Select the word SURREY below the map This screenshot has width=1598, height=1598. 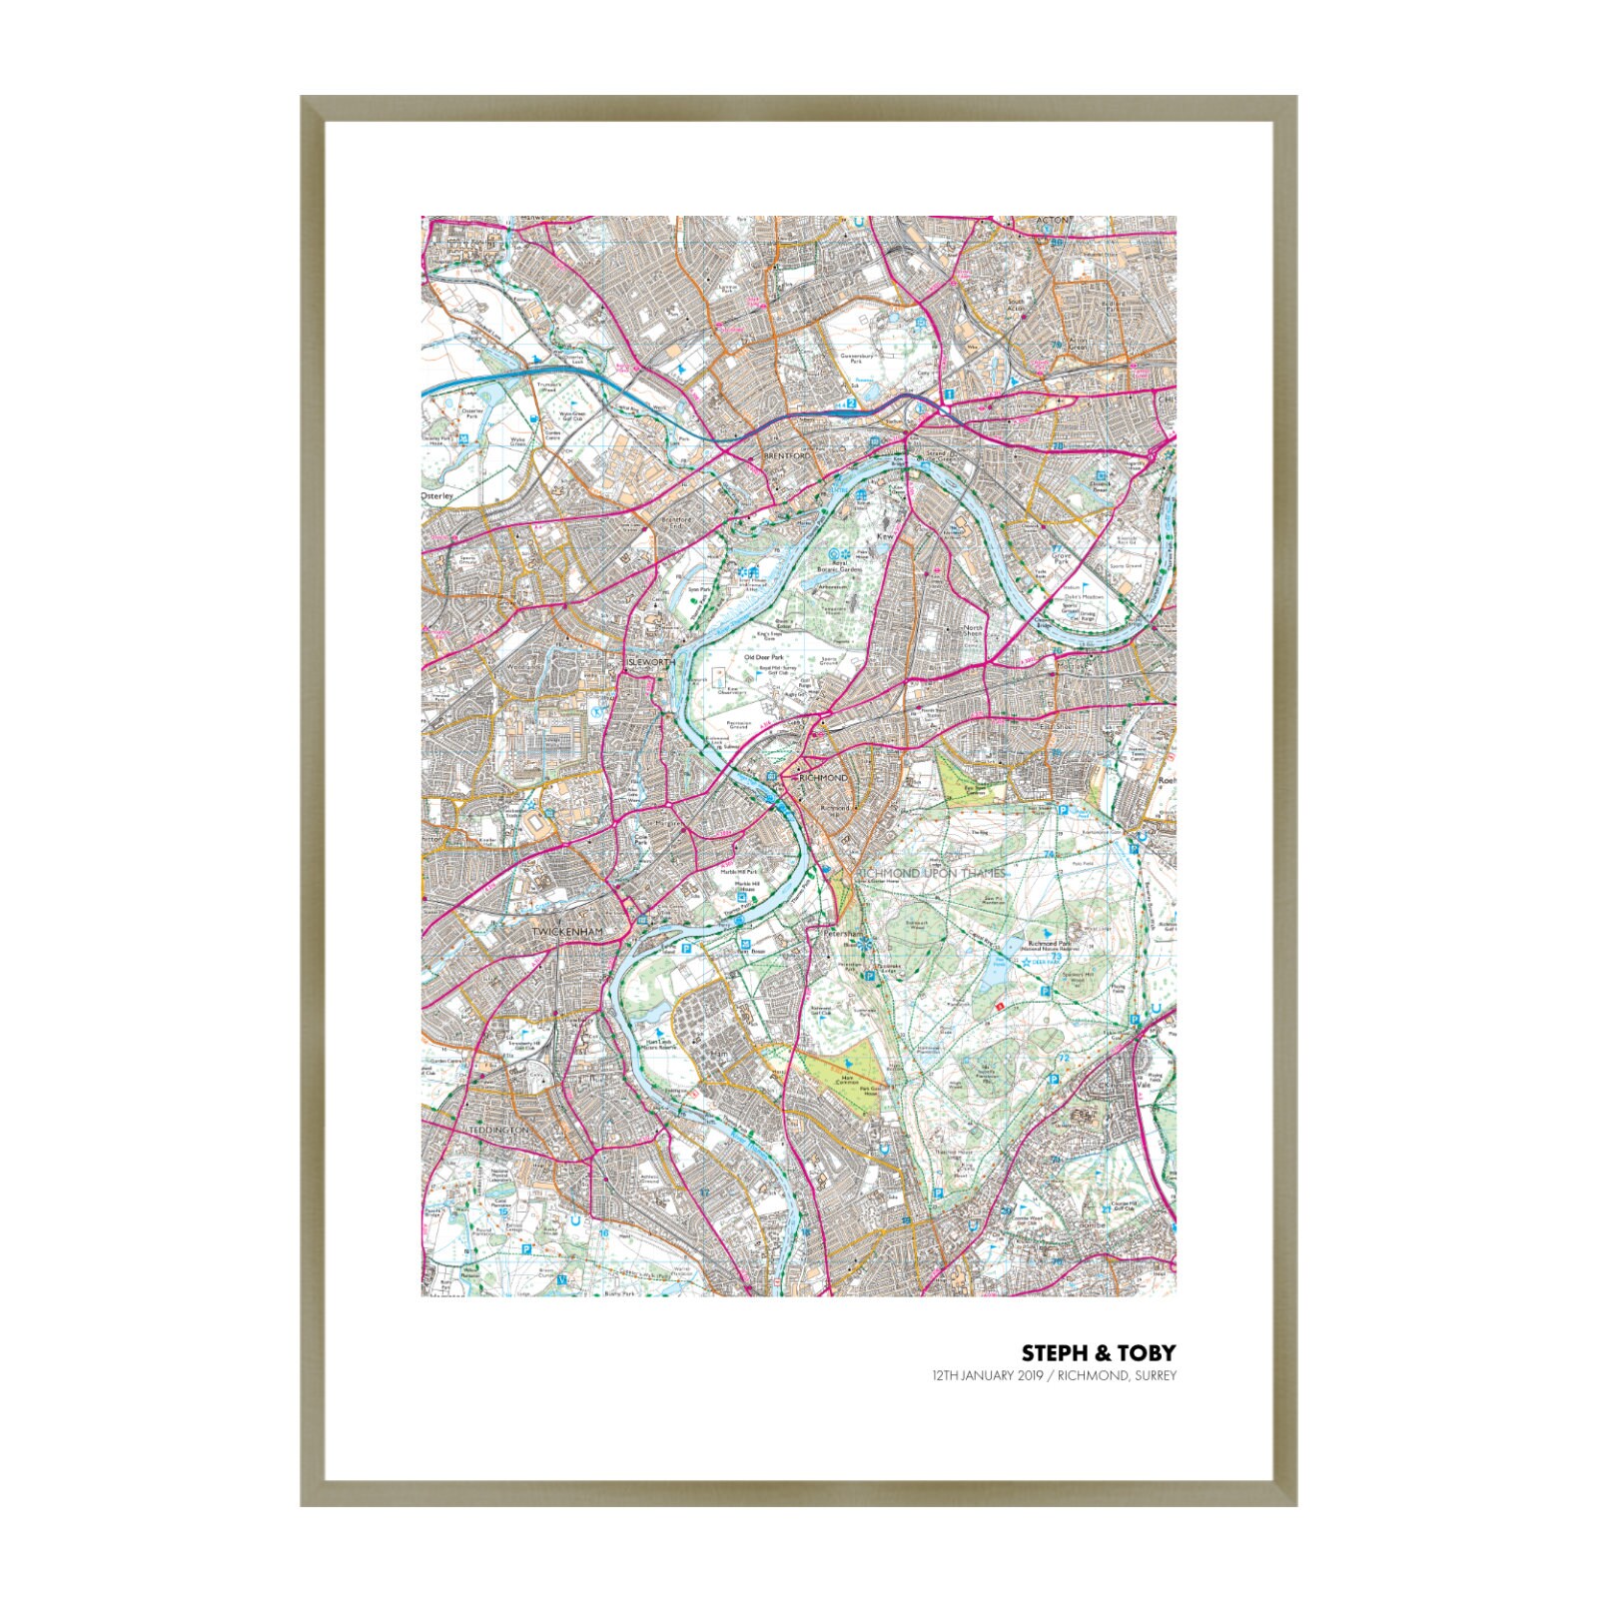[1156, 1375]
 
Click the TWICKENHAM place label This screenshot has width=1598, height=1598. [567, 932]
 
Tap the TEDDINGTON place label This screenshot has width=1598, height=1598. [496, 1130]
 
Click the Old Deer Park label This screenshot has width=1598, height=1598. [763, 657]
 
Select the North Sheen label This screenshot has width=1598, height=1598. [972, 631]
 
